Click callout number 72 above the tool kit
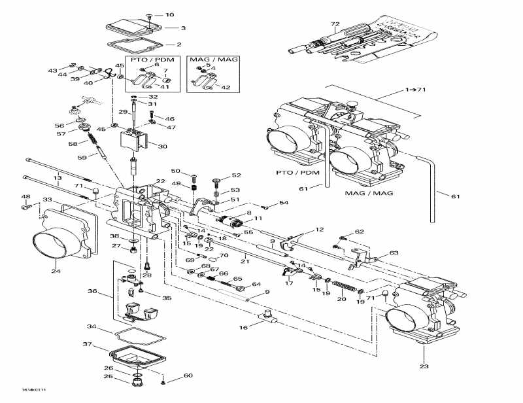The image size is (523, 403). pos(335,25)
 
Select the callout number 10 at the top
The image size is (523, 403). pos(170,14)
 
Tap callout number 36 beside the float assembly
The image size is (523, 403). pos(92,292)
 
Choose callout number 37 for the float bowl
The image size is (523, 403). pos(87,343)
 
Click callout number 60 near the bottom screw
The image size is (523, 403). pos(188,376)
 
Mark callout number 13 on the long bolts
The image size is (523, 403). pos(58,178)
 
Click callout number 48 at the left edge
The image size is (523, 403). pos(25,197)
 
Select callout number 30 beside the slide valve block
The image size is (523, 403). pos(162,147)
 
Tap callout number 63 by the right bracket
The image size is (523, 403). pos(394,253)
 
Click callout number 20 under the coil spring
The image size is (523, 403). pos(341,299)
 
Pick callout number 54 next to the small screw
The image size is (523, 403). pos(283,203)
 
